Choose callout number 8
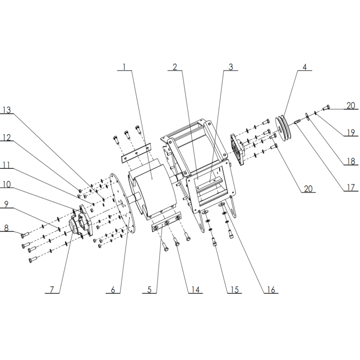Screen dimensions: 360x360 coord(6,228)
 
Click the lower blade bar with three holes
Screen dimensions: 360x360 coord(166,222)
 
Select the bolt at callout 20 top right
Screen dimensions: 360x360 coord(327,108)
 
